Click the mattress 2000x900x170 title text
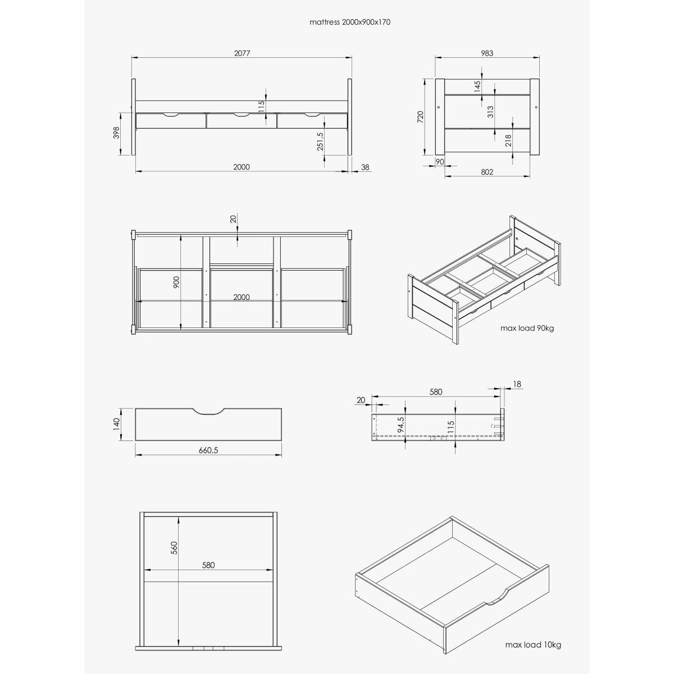click(x=350, y=22)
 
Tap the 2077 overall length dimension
click(x=242, y=53)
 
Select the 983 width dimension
click(x=487, y=53)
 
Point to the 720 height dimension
click(x=421, y=117)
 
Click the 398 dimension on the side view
click(x=116, y=133)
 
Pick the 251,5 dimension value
click(x=320, y=141)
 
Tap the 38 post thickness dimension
click(x=365, y=167)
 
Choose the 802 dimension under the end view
click(x=487, y=172)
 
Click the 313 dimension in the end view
click(x=490, y=112)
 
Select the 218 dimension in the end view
click(x=508, y=140)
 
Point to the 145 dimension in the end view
click(x=477, y=86)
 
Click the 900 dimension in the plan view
click(x=176, y=283)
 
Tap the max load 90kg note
click(x=527, y=328)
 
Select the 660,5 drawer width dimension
click(x=208, y=450)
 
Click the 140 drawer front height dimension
click(x=116, y=423)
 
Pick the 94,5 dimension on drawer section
click(x=401, y=424)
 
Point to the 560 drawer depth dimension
click(x=175, y=548)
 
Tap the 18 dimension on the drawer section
click(x=517, y=384)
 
